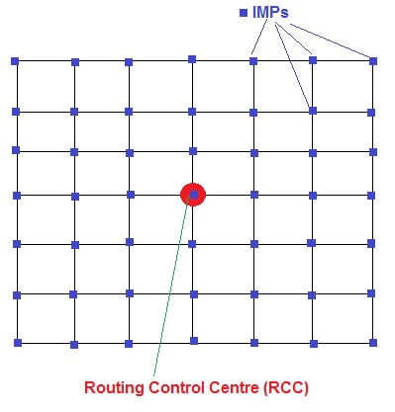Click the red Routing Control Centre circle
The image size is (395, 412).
pyautogui.click(x=193, y=195)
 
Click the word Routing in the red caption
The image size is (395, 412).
pyautogui.click(x=111, y=388)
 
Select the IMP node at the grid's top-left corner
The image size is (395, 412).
pyautogui.click(x=15, y=61)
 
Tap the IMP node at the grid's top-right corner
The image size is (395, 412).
pyautogui.click(x=373, y=61)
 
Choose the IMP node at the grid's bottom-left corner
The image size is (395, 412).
pyautogui.click(x=17, y=343)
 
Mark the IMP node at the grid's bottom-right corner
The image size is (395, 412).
pyautogui.click(x=374, y=343)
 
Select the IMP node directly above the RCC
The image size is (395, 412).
pyautogui.click(x=193, y=153)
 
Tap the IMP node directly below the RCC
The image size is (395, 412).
pyautogui.click(x=193, y=242)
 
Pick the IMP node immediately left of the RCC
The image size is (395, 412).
pyautogui.click(x=129, y=196)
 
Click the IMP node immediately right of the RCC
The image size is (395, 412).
pyautogui.click(x=254, y=196)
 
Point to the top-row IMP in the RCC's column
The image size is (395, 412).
pyautogui.click(x=192, y=59)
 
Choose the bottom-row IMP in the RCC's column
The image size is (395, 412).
pyautogui.click(x=194, y=341)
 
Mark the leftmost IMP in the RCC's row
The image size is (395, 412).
pyautogui.click(x=16, y=196)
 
